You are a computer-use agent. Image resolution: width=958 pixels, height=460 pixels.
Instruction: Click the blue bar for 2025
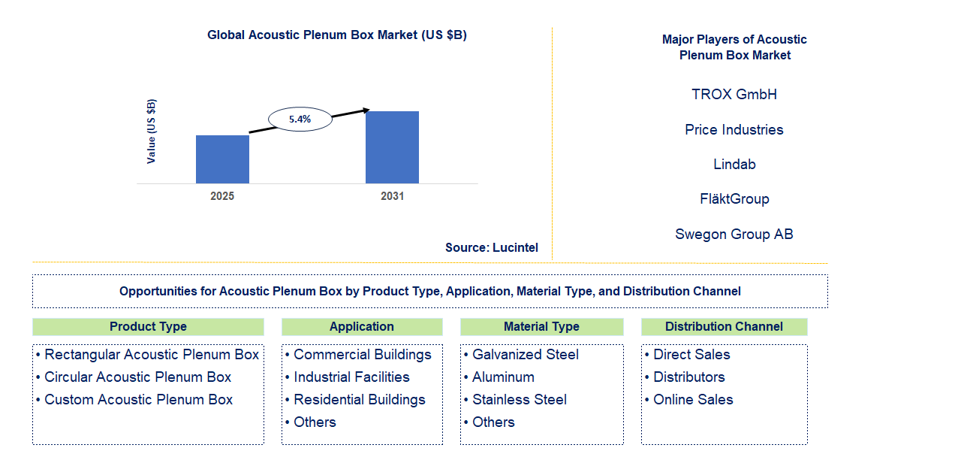click(x=222, y=159)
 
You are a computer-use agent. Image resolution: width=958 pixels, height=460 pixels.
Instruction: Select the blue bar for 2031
click(x=392, y=147)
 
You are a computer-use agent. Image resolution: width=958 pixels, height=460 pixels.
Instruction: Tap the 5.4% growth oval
click(x=300, y=119)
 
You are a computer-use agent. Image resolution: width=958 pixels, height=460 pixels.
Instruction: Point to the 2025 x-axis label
click(x=222, y=196)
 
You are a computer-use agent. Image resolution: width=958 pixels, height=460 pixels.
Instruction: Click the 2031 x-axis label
click(x=392, y=196)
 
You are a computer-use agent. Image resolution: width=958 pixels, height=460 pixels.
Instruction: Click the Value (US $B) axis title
click(x=152, y=132)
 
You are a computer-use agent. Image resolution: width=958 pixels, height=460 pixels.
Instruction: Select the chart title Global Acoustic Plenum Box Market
click(x=337, y=35)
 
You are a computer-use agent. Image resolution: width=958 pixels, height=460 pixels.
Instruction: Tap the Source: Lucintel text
click(x=491, y=247)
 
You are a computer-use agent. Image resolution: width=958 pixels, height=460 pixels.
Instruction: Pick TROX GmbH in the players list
click(x=734, y=95)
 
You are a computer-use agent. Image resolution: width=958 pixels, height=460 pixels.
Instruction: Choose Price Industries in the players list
click(x=734, y=130)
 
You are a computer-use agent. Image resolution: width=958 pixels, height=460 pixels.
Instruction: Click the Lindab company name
click(x=734, y=165)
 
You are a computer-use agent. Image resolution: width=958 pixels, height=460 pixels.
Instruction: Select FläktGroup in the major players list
click(x=734, y=199)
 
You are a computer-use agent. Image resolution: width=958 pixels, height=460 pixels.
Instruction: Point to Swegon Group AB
click(x=734, y=235)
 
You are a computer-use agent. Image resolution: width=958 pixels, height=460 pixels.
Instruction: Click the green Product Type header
click(x=148, y=327)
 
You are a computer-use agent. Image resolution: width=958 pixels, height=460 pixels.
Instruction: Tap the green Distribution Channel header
click(x=724, y=327)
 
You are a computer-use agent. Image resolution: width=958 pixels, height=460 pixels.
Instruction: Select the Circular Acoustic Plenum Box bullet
click(x=137, y=377)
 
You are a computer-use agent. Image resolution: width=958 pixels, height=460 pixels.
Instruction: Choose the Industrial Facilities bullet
click(x=351, y=377)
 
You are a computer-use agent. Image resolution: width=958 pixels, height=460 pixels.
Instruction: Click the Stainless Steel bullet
click(x=519, y=400)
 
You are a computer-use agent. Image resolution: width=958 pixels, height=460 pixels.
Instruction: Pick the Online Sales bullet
click(x=692, y=400)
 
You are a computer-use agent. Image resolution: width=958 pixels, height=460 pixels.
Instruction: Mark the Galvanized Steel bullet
click(x=525, y=355)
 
